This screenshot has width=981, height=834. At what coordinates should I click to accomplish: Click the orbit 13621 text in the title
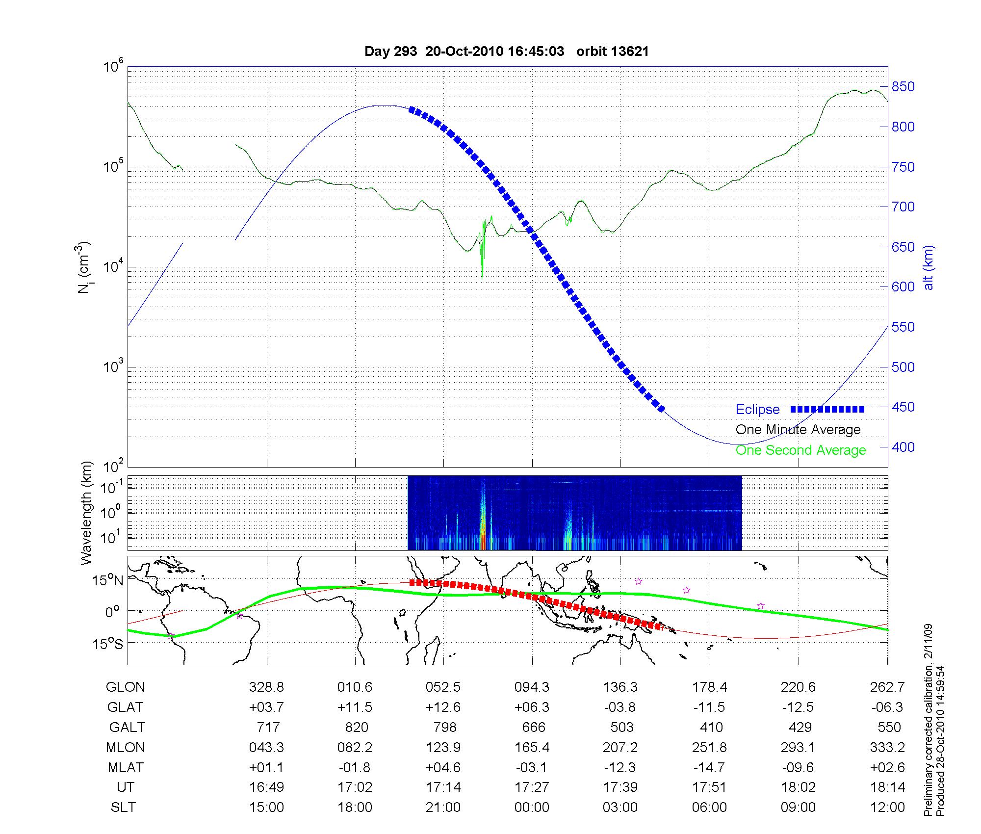(x=612, y=52)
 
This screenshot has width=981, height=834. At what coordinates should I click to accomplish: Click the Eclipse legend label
(x=757, y=410)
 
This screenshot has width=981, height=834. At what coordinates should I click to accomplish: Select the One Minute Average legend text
(x=798, y=430)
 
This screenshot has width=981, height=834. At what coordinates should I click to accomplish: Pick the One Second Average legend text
(x=800, y=450)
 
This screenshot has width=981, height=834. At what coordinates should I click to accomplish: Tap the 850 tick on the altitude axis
(x=903, y=87)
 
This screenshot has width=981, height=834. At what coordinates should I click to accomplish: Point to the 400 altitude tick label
(x=903, y=447)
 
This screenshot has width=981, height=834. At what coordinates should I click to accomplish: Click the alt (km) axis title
(x=929, y=268)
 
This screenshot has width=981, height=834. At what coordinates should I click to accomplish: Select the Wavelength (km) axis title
(x=86, y=513)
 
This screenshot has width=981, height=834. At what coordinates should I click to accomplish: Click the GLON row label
(x=125, y=687)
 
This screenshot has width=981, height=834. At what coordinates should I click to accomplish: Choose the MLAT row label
(x=126, y=767)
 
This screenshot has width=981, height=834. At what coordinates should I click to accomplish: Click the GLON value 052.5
(x=443, y=687)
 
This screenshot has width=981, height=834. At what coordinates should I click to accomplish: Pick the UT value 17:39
(x=620, y=787)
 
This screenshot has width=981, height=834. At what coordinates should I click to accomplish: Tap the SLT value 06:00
(x=709, y=808)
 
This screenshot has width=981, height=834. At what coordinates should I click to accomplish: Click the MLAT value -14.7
(x=709, y=767)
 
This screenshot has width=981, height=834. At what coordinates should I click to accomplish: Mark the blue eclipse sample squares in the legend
(x=827, y=409)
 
